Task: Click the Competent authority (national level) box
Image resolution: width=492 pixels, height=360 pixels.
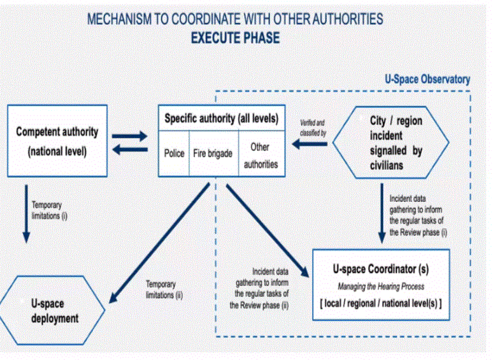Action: [x=57, y=140]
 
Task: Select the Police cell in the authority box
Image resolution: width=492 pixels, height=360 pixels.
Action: [x=174, y=153]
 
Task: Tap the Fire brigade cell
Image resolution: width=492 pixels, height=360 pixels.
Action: [x=212, y=153]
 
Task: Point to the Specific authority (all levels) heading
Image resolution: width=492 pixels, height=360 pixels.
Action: [x=221, y=119]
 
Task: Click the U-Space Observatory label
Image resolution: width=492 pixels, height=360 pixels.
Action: [x=427, y=80]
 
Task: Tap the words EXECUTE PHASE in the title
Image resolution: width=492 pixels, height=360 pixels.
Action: [x=235, y=38]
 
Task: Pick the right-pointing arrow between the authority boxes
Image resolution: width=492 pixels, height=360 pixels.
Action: [x=130, y=136]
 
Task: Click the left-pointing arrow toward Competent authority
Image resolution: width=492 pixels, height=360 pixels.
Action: [x=130, y=150]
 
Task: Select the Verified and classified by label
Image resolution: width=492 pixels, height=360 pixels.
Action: [x=312, y=127]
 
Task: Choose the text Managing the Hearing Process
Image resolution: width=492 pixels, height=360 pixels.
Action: [x=381, y=286]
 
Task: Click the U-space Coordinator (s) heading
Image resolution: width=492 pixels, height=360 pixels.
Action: [x=381, y=269]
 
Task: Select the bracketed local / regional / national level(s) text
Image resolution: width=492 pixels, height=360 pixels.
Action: [x=381, y=303]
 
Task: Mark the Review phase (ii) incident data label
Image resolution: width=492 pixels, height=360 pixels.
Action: [x=260, y=288]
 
